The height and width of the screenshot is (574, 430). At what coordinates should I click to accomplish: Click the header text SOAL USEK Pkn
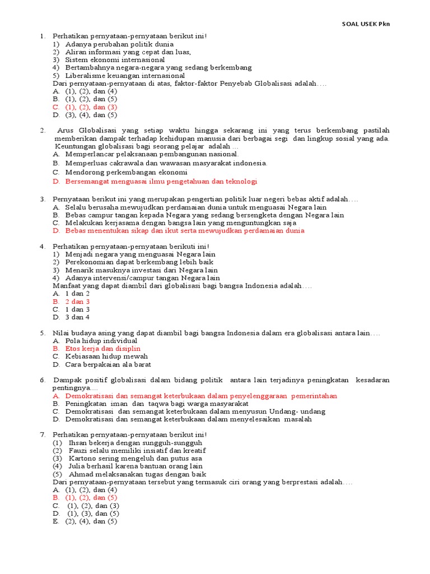click(366, 24)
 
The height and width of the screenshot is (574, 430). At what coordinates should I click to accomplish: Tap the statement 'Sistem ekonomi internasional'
click(115, 59)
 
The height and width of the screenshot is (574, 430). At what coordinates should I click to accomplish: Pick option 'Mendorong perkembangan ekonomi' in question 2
click(126, 173)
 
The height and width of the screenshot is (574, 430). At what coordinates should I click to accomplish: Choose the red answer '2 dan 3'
click(77, 301)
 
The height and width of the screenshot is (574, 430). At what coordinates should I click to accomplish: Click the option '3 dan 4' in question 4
click(77, 317)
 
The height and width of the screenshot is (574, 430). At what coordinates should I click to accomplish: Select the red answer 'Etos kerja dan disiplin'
click(103, 348)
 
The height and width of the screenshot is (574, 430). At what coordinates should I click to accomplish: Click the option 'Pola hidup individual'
click(101, 340)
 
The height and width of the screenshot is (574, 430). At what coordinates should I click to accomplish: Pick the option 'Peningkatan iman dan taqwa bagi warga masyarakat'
click(157, 403)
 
